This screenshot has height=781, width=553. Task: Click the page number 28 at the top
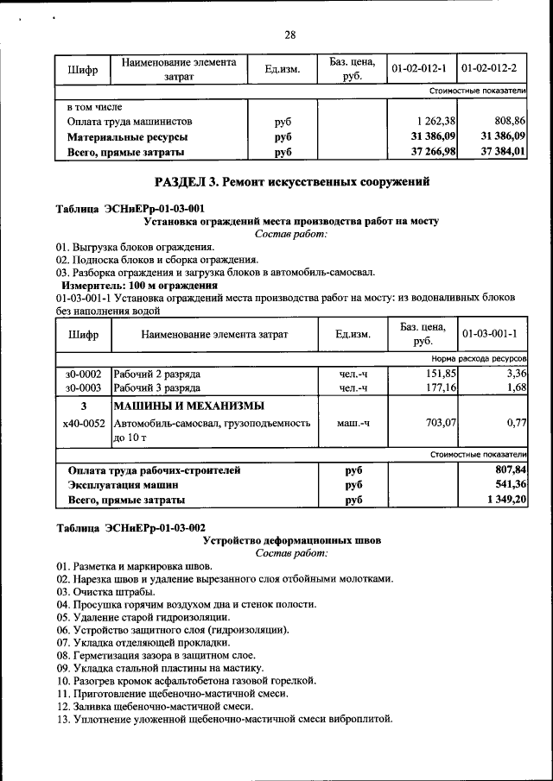(289, 35)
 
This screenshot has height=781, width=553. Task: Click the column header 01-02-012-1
(419, 67)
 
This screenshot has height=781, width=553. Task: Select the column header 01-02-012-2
(490, 67)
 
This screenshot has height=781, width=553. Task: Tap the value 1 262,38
(434, 122)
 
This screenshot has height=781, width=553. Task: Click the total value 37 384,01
(503, 152)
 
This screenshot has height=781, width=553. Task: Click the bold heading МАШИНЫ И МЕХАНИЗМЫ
(189, 406)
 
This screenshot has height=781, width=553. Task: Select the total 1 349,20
(506, 500)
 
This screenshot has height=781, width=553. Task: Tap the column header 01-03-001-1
(490, 333)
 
